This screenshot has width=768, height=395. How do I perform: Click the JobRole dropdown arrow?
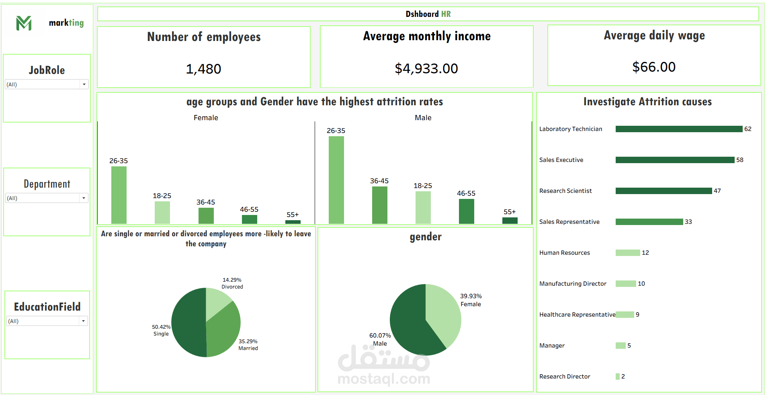coord(84,84)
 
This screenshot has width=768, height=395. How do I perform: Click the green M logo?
coord(24,23)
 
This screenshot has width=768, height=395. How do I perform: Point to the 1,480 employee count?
coord(203,69)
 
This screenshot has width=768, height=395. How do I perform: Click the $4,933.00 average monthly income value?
coord(426,69)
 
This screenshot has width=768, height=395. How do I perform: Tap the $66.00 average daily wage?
coord(654,67)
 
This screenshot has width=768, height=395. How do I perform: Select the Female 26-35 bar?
coord(119,195)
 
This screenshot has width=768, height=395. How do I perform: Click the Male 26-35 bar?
coord(336,180)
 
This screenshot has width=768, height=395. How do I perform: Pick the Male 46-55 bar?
coord(467,211)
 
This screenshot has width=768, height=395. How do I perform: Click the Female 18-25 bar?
coord(162,212)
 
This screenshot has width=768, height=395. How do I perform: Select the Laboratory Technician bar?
coord(679,129)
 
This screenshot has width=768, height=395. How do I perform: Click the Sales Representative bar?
coord(649,222)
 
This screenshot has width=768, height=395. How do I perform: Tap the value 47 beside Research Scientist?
coord(717,191)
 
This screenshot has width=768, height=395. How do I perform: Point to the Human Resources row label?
coord(565,253)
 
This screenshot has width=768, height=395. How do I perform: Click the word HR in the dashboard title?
coord(446,14)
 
